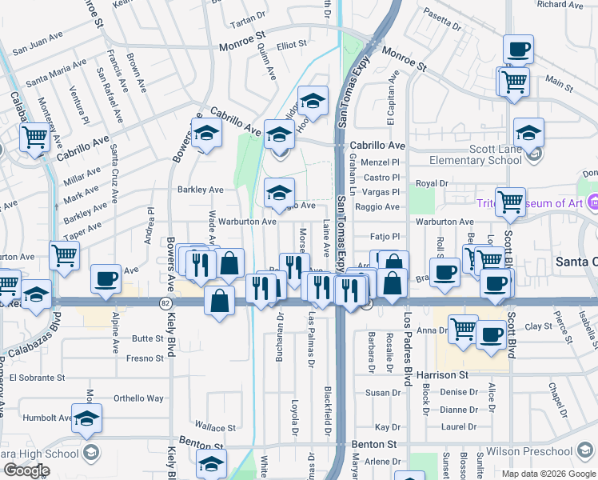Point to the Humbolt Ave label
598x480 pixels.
click(47, 417)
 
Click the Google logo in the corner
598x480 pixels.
click(26, 470)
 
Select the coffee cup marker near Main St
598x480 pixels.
click(518, 50)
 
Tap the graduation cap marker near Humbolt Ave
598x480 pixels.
click(86, 418)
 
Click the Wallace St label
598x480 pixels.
click(216, 428)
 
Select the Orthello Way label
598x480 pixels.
click(138, 398)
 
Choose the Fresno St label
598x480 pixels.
click(145, 358)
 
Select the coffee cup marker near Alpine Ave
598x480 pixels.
click(106, 279)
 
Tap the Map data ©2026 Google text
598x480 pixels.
click(548, 473)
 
